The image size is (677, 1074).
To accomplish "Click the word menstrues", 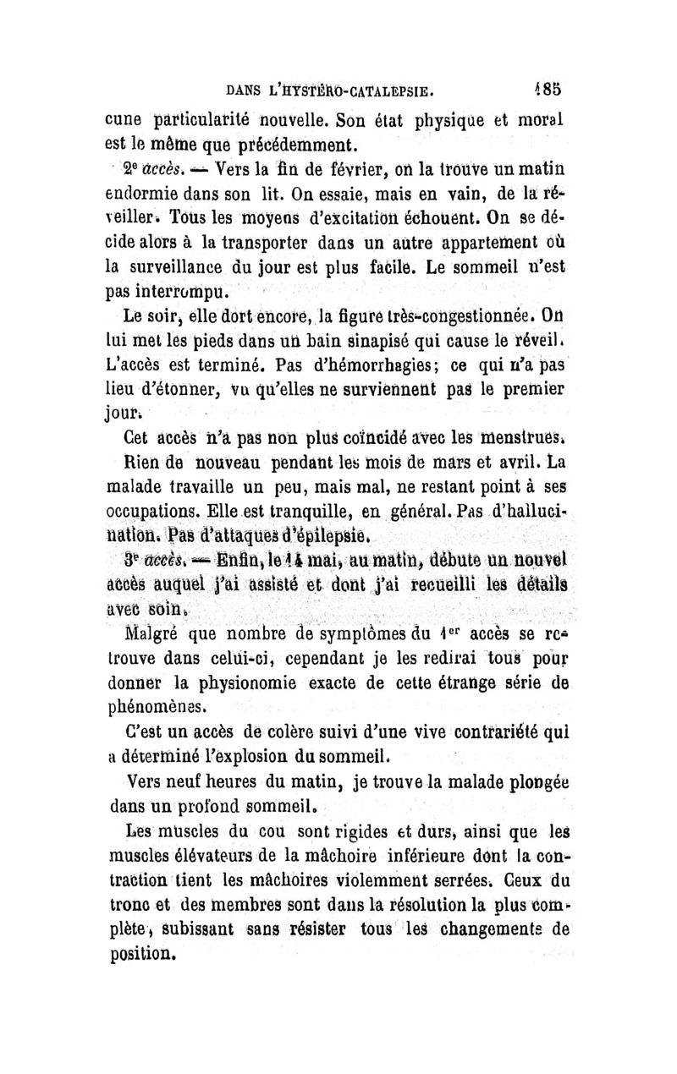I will [x=520, y=441].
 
